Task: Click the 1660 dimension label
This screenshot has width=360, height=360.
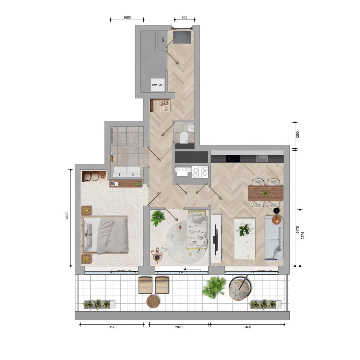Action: pos(127,17)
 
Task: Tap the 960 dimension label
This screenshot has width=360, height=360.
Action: pos(184,17)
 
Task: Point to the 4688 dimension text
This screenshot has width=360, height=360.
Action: pos(67,215)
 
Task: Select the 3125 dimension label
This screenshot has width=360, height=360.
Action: pos(113,327)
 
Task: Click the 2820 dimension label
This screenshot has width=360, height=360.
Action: pos(179,327)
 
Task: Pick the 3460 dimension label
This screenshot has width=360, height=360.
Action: pos(247,327)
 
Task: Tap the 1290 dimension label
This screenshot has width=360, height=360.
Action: pos(298,135)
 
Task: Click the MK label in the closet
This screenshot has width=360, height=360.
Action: pos(163,40)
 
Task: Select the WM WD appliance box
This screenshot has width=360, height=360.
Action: pos(158,85)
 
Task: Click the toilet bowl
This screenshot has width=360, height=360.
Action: pos(184,137)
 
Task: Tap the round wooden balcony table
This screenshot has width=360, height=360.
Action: pos(153,301)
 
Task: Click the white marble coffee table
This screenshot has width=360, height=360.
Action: pos(245,239)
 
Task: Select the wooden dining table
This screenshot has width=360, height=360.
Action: pos(266,193)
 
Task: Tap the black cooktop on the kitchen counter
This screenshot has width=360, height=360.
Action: pos(233,159)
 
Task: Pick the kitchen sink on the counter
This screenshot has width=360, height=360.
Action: pos(262,159)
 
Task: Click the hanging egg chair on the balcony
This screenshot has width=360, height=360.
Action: pos(240,288)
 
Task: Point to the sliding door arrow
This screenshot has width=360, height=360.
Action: pos(192,270)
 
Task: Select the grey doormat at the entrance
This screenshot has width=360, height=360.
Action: pos(182,38)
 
